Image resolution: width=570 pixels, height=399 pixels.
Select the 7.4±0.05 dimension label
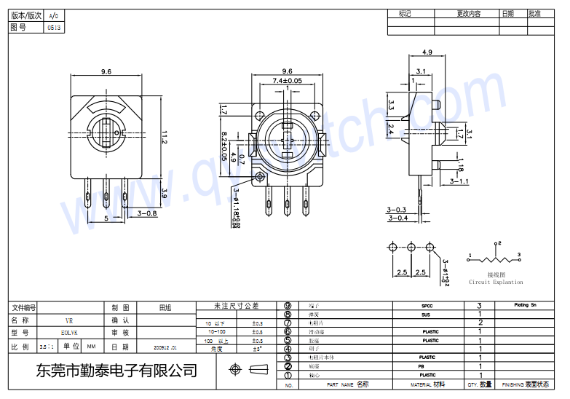click(x=287, y=81)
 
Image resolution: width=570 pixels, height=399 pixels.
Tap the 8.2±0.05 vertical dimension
click(x=225, y=146)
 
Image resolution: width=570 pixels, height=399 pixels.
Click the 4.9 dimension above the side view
click(x=427, y=52)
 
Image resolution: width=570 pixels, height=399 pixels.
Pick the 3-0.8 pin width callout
click(x=148, y=213)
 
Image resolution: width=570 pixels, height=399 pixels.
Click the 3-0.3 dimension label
click(x=397, y=210)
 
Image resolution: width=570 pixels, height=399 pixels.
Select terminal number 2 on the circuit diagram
click(x=499, y=243)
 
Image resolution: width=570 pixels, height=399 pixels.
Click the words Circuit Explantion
click(x=496, y=283)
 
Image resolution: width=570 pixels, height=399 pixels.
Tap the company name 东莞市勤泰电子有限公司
click(x=116, y=371)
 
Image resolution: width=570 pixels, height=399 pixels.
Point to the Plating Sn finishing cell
click(x=526, y=305)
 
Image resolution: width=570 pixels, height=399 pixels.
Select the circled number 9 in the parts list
click(x=288, y=306)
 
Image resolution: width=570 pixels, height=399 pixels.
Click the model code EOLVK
click(x=69, y=333)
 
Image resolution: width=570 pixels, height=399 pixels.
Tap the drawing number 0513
click(x=55, y=28)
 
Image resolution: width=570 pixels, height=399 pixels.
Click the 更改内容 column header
click(x=469, y=14)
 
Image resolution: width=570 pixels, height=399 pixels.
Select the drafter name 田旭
click(x=165, y=307)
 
